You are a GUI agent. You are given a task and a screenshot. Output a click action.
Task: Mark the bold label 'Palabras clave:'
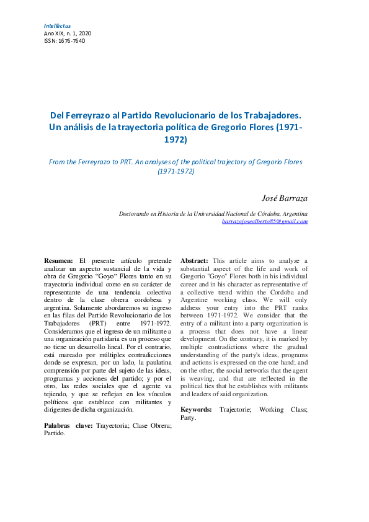point(68,425)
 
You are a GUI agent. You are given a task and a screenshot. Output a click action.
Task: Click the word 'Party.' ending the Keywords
point(189,417)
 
